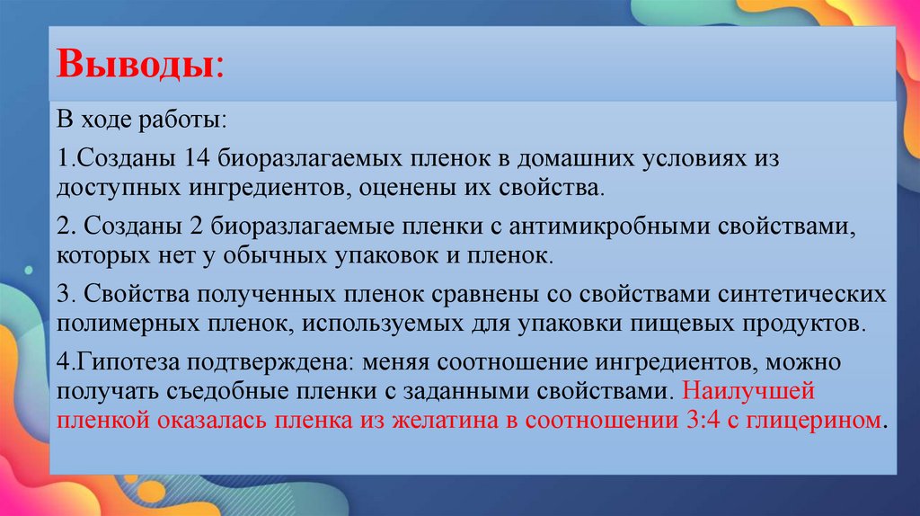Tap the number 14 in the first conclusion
click(197, 158)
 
